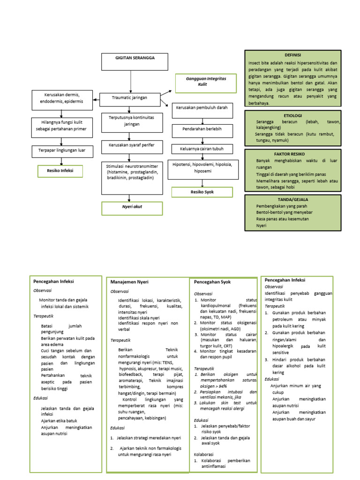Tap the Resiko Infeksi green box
[61, 171]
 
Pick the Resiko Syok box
[202, 192]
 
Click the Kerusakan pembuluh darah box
[202, 108]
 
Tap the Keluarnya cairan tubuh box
[202, 150]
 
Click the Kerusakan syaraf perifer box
[132, 146]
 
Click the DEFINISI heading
[292, 55]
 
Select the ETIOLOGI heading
[292, 115]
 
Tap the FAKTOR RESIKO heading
[292, 154]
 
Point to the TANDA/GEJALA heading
[292, 199]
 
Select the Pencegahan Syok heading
[212, 282]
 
